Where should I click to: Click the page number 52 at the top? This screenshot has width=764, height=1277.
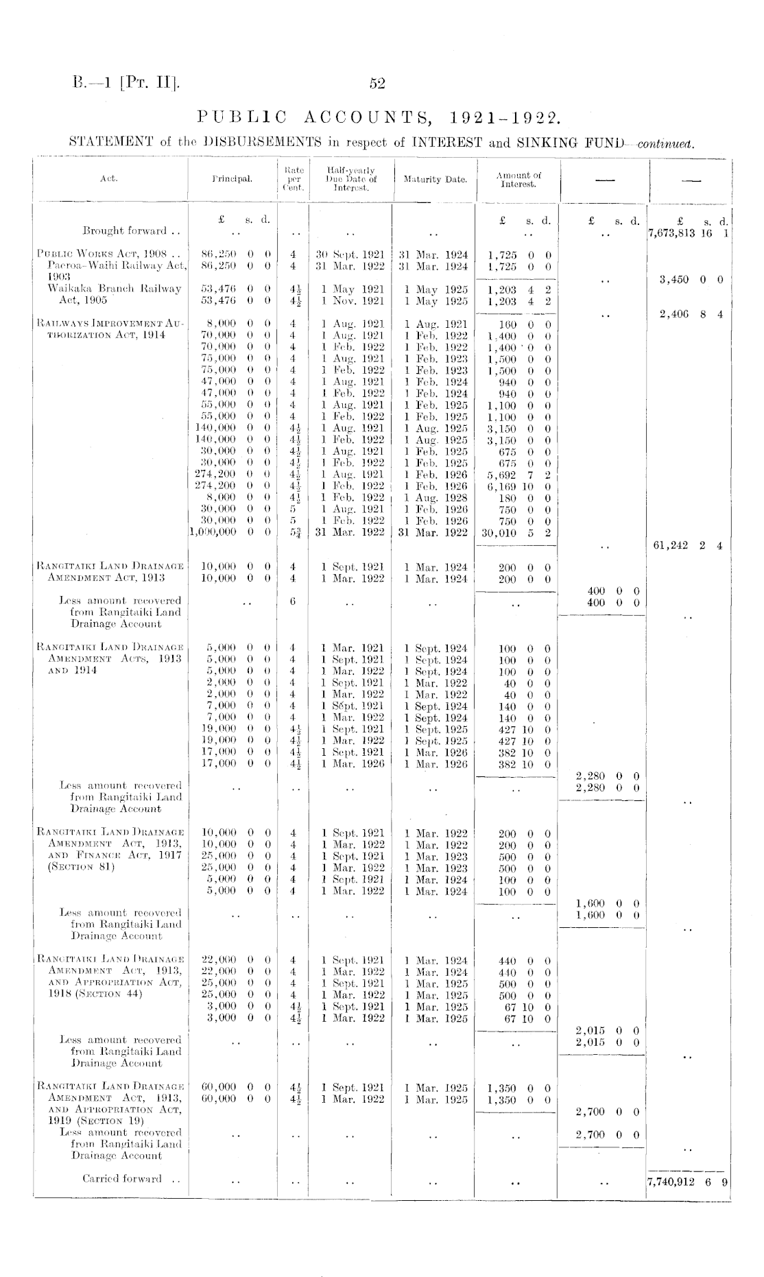(x=377, y=84)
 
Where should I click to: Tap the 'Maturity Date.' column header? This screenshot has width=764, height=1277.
(x=435, y=180)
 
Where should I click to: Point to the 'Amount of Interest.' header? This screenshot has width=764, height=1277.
(x=518, y=180)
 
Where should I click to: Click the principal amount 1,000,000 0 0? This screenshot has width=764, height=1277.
(x=230, y=532)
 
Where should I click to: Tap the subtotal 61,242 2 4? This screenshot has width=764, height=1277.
(x=690, y=546)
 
